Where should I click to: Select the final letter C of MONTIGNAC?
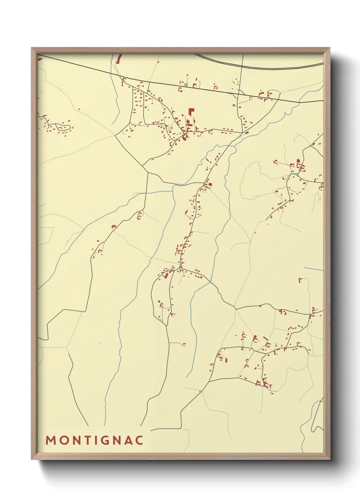(139, 440)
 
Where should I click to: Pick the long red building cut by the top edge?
(119, 59)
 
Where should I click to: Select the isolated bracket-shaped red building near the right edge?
(300, 280)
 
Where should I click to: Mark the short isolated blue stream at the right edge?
(313, 269)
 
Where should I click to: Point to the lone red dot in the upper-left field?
(79, 109)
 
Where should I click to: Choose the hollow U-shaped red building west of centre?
(139, 216)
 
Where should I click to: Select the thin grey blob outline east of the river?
(250, 180)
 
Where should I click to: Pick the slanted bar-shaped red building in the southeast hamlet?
(255, 339)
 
